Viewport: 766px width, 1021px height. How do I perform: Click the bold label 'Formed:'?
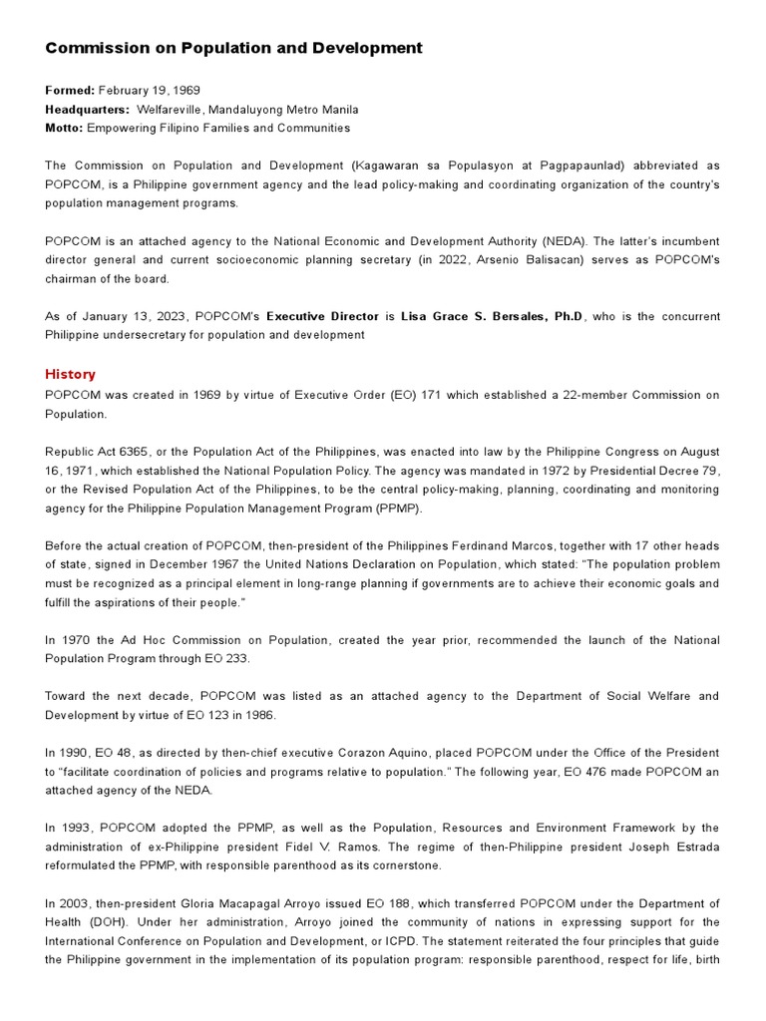69,91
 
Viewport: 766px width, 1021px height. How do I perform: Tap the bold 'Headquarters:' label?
87,110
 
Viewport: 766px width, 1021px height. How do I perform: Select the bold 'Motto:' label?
64,129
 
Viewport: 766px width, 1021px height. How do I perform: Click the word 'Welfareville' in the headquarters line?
169,110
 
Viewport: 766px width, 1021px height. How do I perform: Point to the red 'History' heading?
70,375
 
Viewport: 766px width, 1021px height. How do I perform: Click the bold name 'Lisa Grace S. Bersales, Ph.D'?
492,316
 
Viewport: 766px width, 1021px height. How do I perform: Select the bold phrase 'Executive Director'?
322,316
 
